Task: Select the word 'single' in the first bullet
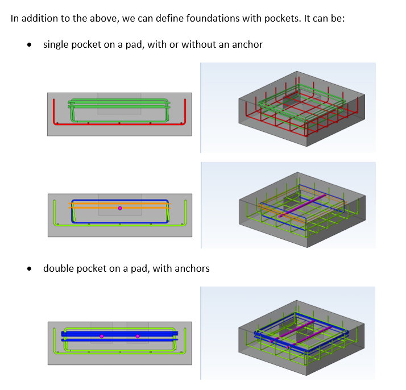pos(56,44)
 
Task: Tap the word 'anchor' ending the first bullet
pos(247,44)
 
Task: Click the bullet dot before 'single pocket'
pos(29,44)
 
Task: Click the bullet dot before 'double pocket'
pos(29,268)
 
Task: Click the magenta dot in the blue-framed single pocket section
pos(119,208)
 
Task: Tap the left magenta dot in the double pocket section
pos(102,336)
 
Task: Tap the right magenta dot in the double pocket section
pos(138,336)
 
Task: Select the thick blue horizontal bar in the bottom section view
pos(80,333)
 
